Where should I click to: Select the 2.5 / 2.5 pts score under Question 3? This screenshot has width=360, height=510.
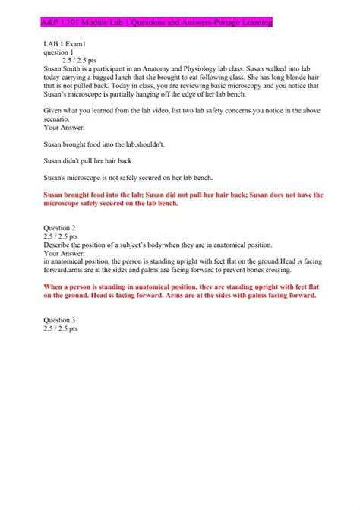tap(61, 329)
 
